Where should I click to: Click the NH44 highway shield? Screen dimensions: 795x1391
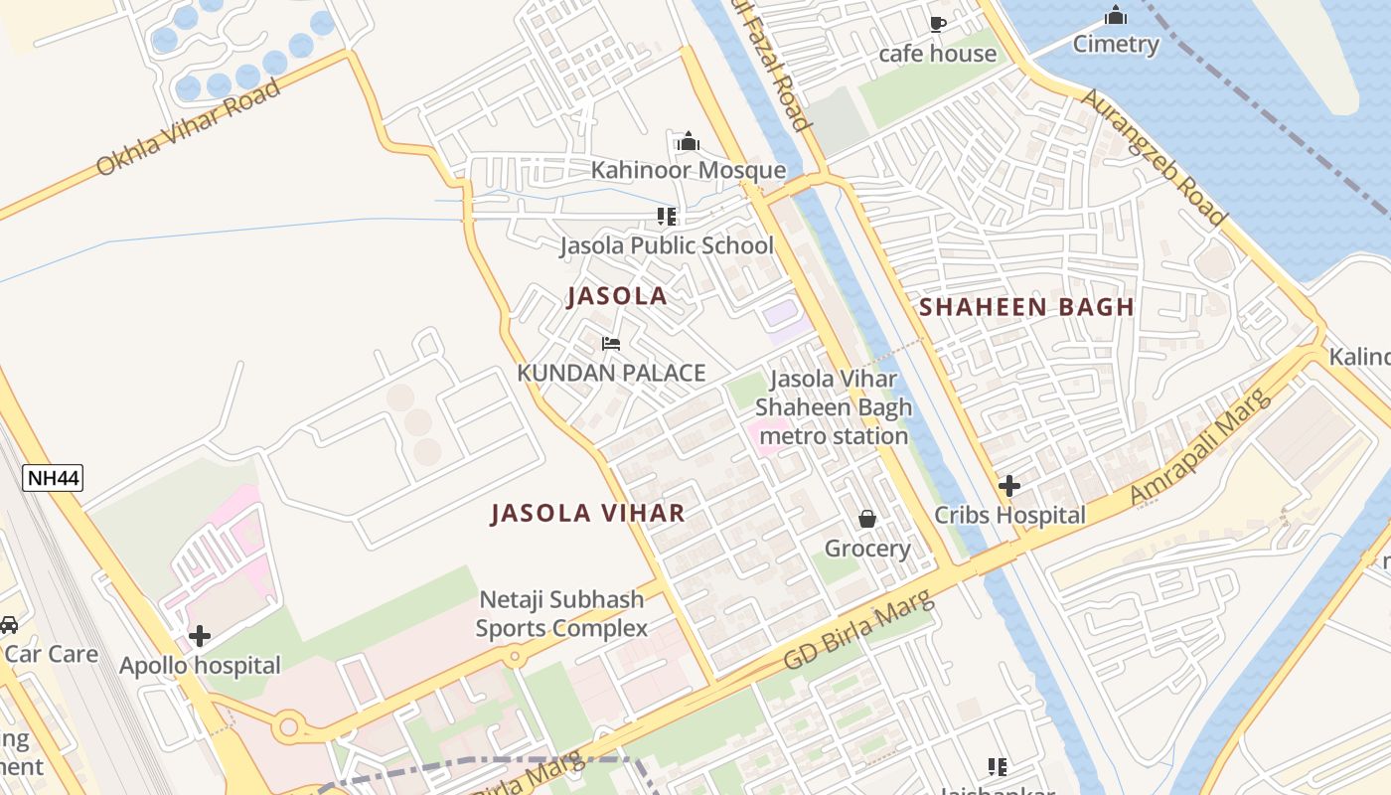53,478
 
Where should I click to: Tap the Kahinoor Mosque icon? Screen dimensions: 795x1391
689,142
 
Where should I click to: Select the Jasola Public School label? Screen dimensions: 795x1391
667,245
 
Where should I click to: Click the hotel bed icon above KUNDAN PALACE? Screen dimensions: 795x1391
611,344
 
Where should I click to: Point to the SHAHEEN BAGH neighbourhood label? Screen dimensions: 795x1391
1026,307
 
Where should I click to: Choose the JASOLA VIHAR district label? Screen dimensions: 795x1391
588,513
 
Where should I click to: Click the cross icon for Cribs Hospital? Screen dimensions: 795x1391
1009,486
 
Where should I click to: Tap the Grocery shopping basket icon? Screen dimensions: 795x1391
867,519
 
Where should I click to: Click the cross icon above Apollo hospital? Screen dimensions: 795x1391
200,636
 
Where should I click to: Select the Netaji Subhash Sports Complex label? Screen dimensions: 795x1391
561,614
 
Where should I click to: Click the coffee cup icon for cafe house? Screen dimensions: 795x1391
937,24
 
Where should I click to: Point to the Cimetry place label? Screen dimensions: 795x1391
1116,45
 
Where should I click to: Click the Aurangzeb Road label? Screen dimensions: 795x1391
1154,157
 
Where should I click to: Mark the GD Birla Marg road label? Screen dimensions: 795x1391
858,630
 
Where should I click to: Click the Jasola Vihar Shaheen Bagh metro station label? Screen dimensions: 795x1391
833,407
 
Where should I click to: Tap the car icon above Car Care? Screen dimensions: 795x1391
8,625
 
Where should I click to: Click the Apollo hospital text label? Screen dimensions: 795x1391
200,666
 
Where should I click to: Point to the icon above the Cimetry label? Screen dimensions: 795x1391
1116,16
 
